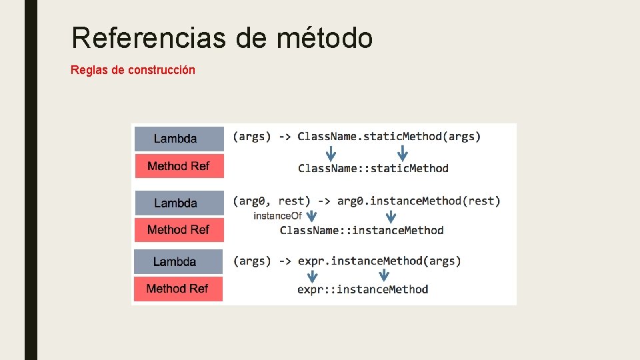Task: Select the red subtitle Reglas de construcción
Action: tap(133, 69)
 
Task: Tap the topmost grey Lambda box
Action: tap(179, 139)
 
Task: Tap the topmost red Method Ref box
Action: tap(179, 166)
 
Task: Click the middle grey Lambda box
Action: tap(179, 203)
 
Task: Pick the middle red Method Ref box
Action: tap(179, 229)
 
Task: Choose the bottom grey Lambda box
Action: tap(178, 261)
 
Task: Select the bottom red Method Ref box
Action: tap(178, 288)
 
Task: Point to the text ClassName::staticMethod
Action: tap(373, 168)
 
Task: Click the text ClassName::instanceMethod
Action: tap(361, 230)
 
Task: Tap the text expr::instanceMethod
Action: tap(362, 289)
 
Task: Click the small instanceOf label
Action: tap(277, 216)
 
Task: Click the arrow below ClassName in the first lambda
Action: tap(331, 153)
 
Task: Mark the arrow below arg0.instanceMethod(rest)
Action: tap(391, 216)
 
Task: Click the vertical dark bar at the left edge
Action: tap(31, 180)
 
